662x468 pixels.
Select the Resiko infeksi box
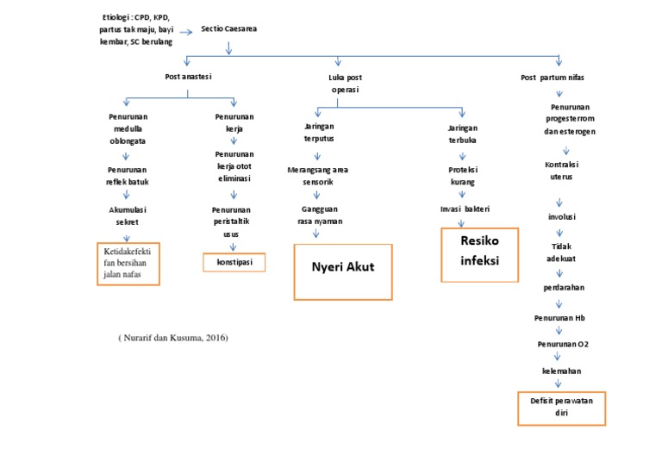480,254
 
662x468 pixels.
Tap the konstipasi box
234,262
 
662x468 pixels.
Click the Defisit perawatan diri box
561,408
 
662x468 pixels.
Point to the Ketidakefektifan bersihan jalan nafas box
127,264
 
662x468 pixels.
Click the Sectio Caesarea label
228,28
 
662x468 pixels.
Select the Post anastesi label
188,77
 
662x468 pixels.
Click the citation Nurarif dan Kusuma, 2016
173,338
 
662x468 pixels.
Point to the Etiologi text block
135,29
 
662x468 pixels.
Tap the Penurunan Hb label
559,317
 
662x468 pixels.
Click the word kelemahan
561,371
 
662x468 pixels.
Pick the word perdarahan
561,287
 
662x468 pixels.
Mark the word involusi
562,216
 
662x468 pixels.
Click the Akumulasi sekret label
127,215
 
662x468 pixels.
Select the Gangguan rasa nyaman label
315,215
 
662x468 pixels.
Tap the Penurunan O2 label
563,343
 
